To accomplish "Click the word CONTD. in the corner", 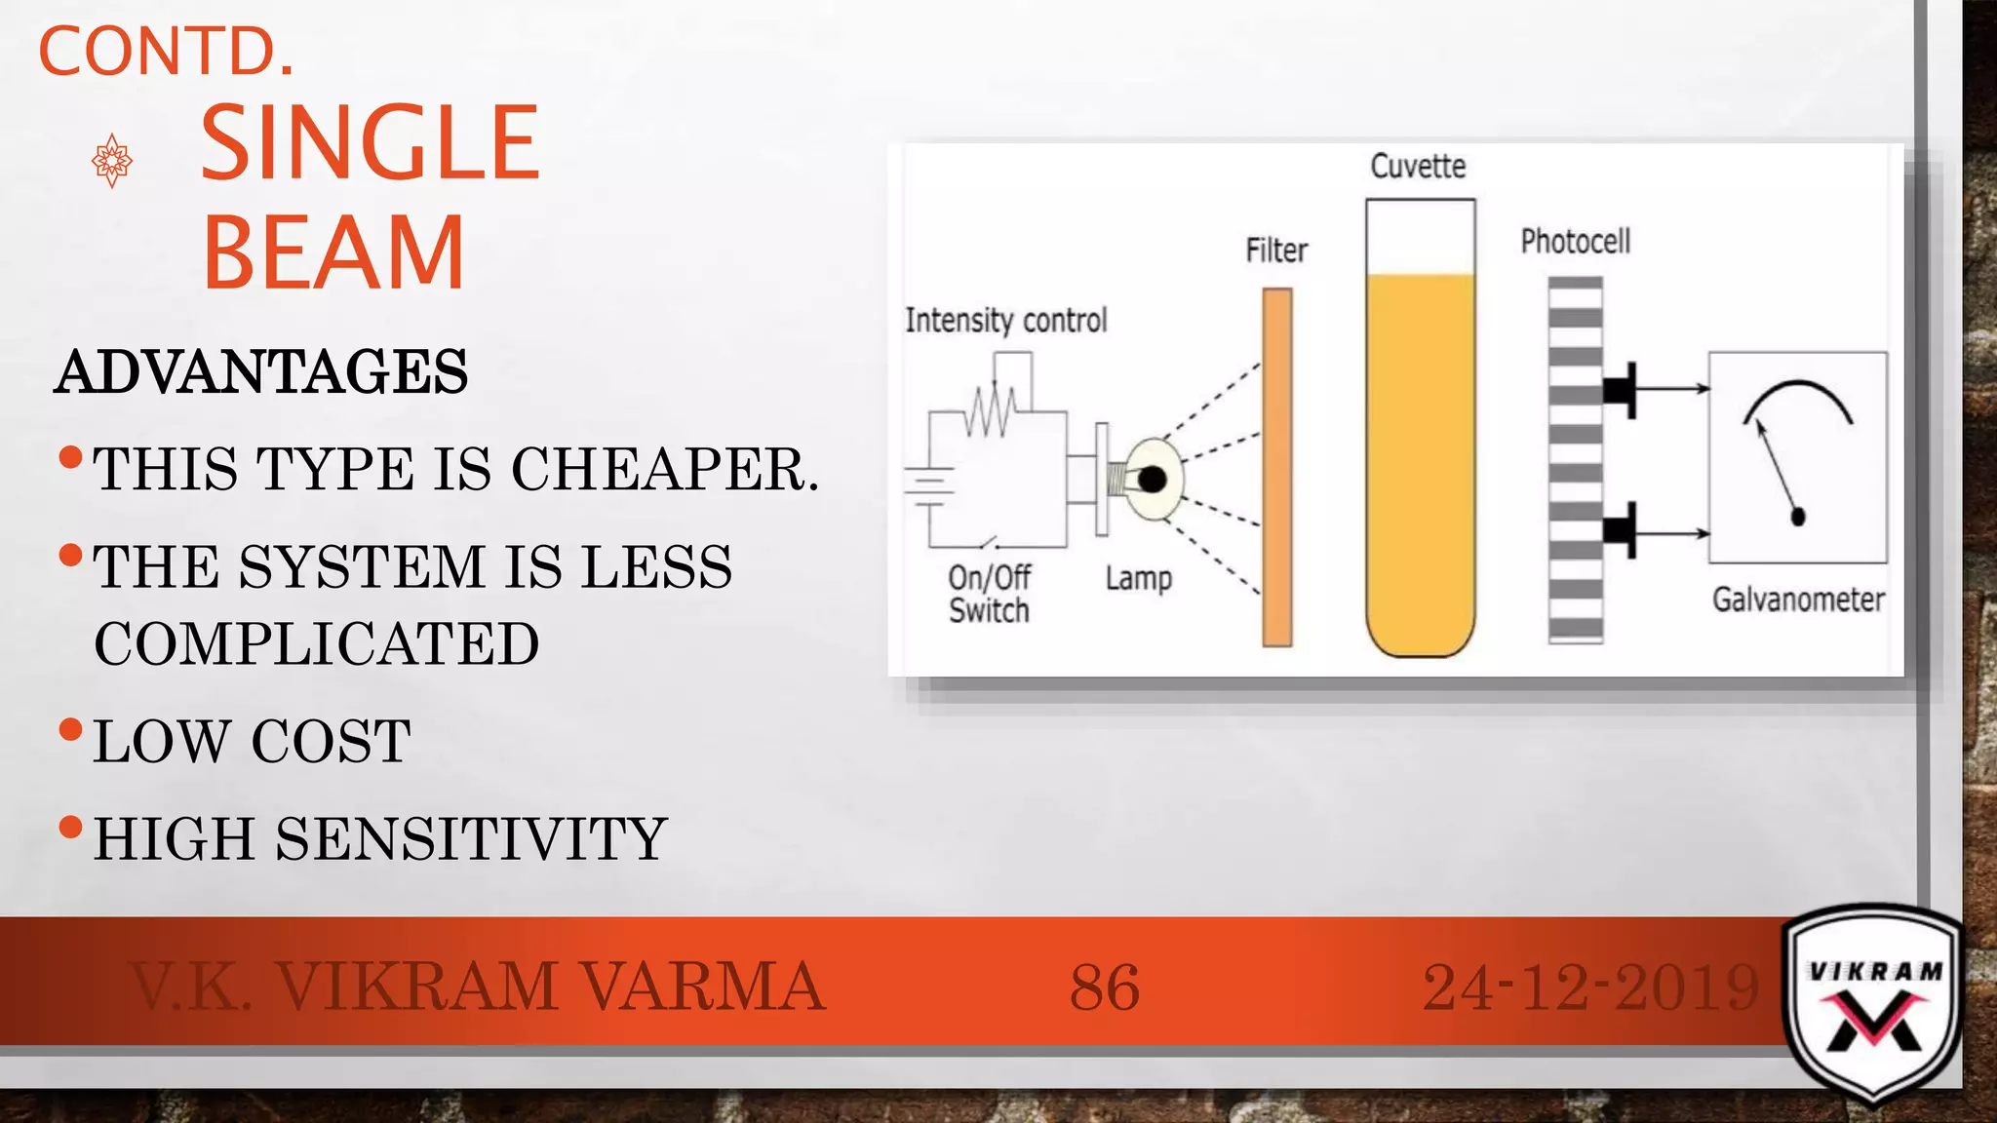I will click(166, 51).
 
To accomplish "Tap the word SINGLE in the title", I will click(370, 143).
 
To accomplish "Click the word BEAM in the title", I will click(333, 253).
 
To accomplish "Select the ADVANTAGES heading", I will click(261, 372).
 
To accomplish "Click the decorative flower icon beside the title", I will click(112, 160).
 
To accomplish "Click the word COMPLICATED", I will click(317, 643).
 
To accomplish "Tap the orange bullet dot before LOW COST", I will click(70, 729).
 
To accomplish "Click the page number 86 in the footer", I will click(1104, 987).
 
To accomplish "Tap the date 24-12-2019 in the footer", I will click(1590, 987).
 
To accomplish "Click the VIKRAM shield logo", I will click(1872, 1004).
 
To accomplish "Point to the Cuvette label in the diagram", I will click(1418, 167).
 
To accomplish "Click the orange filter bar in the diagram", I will click(1277, 467).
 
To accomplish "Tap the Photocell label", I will click(1575, 242).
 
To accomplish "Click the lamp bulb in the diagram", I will click(1153, 480).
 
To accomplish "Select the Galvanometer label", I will click(1798, 600).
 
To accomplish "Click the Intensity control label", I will click(1006, 321).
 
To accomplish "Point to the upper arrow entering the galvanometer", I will click(1671, 389).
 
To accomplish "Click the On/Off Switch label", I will click(989, 594).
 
